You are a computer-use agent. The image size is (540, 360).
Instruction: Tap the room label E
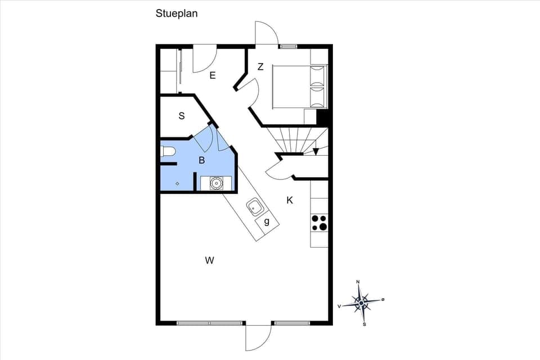coord(213,75)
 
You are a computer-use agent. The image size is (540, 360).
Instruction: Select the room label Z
coord(260,67)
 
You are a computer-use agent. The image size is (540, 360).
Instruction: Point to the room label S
coord(182,116)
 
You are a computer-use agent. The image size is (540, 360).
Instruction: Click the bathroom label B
coord(201,160)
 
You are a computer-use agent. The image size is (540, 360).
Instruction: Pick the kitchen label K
coord(290,200)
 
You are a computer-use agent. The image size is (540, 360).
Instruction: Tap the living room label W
coord(209,260)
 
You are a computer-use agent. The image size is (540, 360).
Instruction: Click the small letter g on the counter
coord(267,222)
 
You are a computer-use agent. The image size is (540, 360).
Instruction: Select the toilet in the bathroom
coord(168,151)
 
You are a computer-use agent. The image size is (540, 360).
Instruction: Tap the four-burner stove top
coord(319,223)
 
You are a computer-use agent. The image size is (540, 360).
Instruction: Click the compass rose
coord(361,303)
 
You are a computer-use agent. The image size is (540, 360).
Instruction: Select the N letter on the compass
coord(358,282)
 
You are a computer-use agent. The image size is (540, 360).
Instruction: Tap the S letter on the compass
coord(364,324)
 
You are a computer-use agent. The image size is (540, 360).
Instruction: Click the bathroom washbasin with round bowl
coord(217,183)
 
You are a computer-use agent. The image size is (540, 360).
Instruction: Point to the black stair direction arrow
coord(316,151)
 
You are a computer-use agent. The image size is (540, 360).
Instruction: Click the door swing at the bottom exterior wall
coord(257,337)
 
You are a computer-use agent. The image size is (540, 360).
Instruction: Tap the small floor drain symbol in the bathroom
coord(177,183)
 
